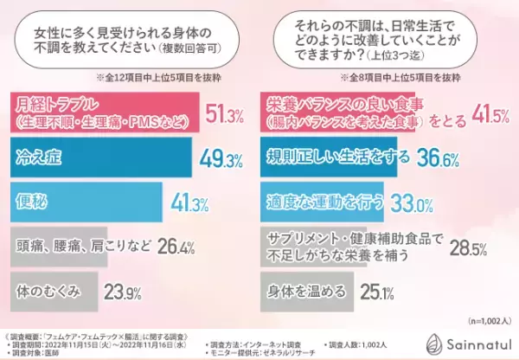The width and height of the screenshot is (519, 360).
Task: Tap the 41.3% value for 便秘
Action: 189,205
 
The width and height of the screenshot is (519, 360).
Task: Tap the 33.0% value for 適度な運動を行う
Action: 411,205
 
